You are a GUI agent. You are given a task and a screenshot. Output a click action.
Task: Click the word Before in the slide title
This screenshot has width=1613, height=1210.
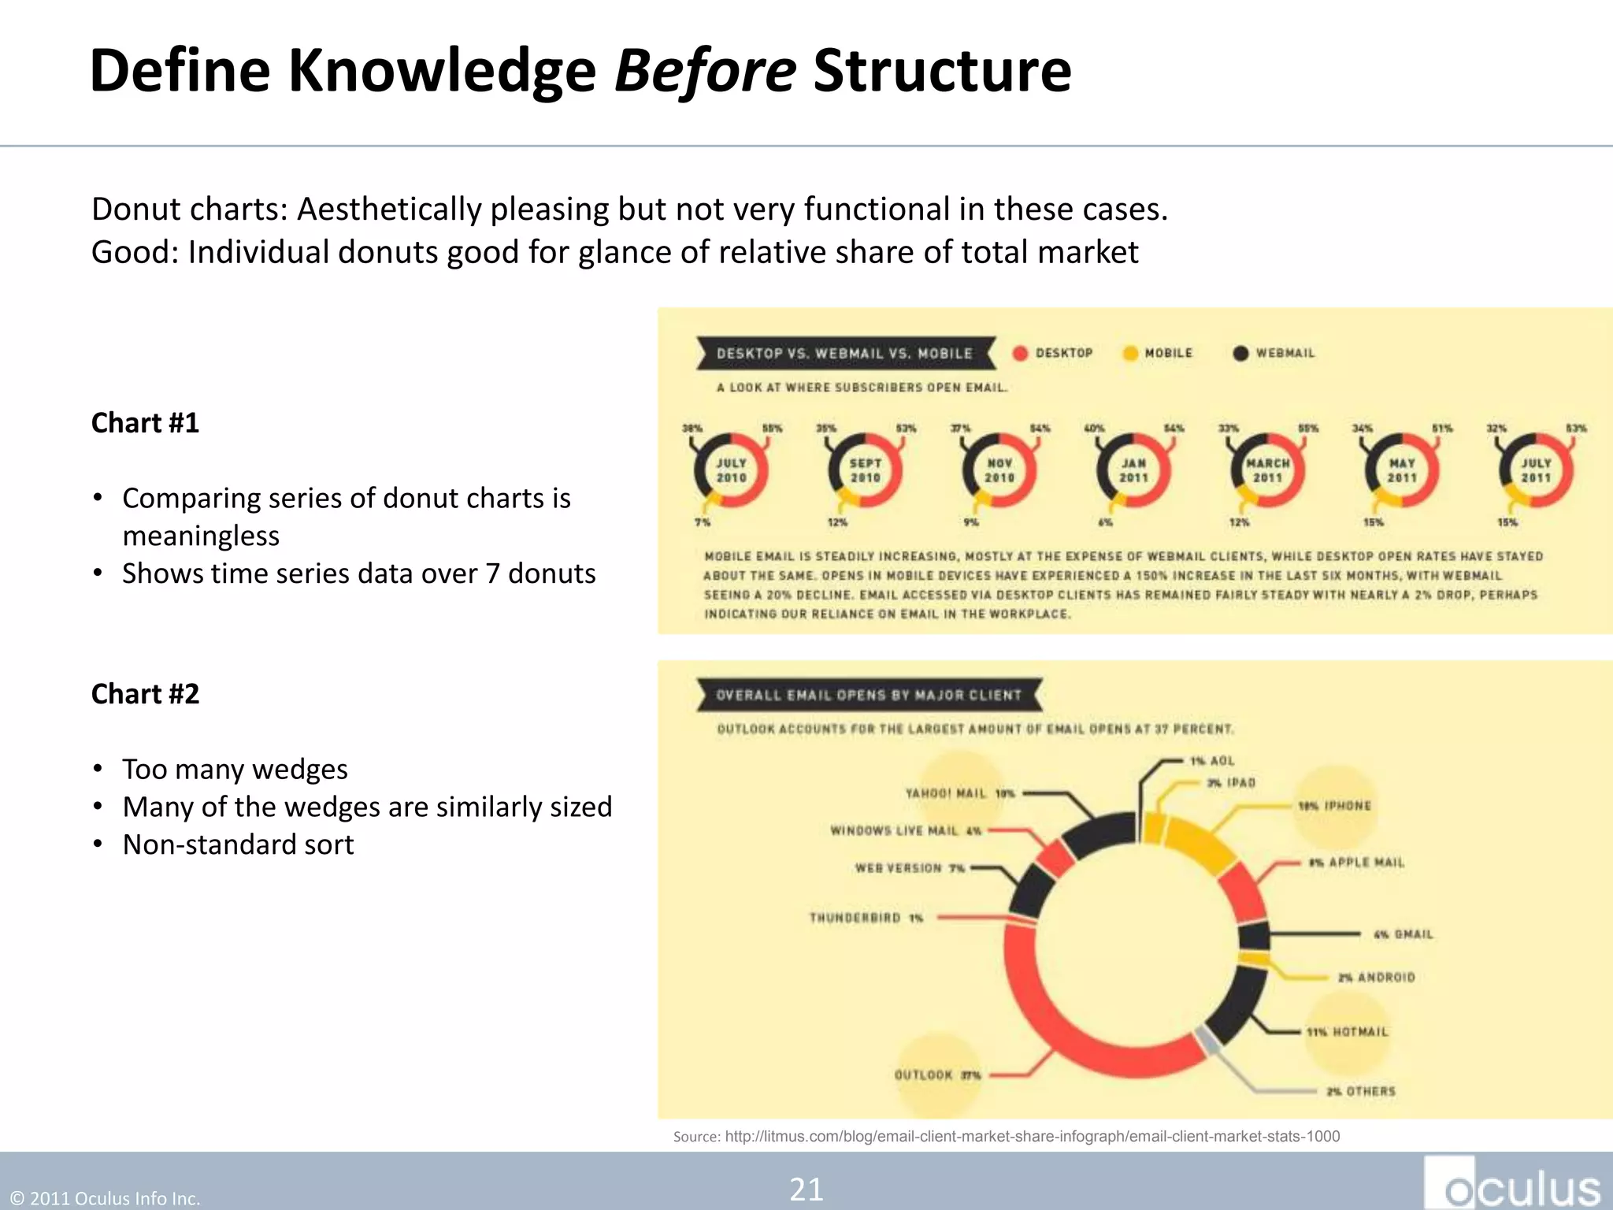pos(705,71)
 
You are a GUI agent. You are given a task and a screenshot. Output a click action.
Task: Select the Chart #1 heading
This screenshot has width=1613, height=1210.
pos(146,423)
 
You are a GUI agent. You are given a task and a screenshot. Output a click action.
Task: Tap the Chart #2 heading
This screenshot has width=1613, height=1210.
pos(146,694)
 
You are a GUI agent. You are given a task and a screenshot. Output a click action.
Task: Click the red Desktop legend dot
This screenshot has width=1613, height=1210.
pos(1021,354)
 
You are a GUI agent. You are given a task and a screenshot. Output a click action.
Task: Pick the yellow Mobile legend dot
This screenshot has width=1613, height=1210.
pos(1130,354)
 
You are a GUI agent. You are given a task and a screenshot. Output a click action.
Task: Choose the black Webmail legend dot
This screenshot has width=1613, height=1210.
pos(1240,354)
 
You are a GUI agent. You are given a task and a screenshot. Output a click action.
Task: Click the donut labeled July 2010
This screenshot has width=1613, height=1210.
pos(731,470)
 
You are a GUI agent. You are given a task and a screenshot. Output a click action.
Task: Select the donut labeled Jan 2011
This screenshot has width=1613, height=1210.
pos(1133,470)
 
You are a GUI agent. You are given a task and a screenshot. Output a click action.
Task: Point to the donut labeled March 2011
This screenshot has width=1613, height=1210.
pos(1267,470)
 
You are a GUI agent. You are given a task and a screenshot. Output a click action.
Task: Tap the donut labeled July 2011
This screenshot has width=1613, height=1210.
pos(1536,470)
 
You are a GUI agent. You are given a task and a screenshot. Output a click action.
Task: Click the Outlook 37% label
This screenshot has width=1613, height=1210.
pos(937,1075)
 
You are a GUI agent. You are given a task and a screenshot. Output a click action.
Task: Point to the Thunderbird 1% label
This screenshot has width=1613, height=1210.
pos(866,918)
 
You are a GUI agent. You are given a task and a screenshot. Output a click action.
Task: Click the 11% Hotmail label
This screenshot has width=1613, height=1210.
pos(1348,1032)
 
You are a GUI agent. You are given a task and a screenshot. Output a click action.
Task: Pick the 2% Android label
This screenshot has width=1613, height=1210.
pos(1376,978)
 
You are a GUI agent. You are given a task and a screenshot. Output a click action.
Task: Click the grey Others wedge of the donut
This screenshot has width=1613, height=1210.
pos(1206,1040)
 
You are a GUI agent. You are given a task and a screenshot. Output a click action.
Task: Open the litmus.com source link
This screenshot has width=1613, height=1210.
pos(1032,1137)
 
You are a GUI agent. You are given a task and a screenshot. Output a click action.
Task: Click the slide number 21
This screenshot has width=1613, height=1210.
pos(806,1190)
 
